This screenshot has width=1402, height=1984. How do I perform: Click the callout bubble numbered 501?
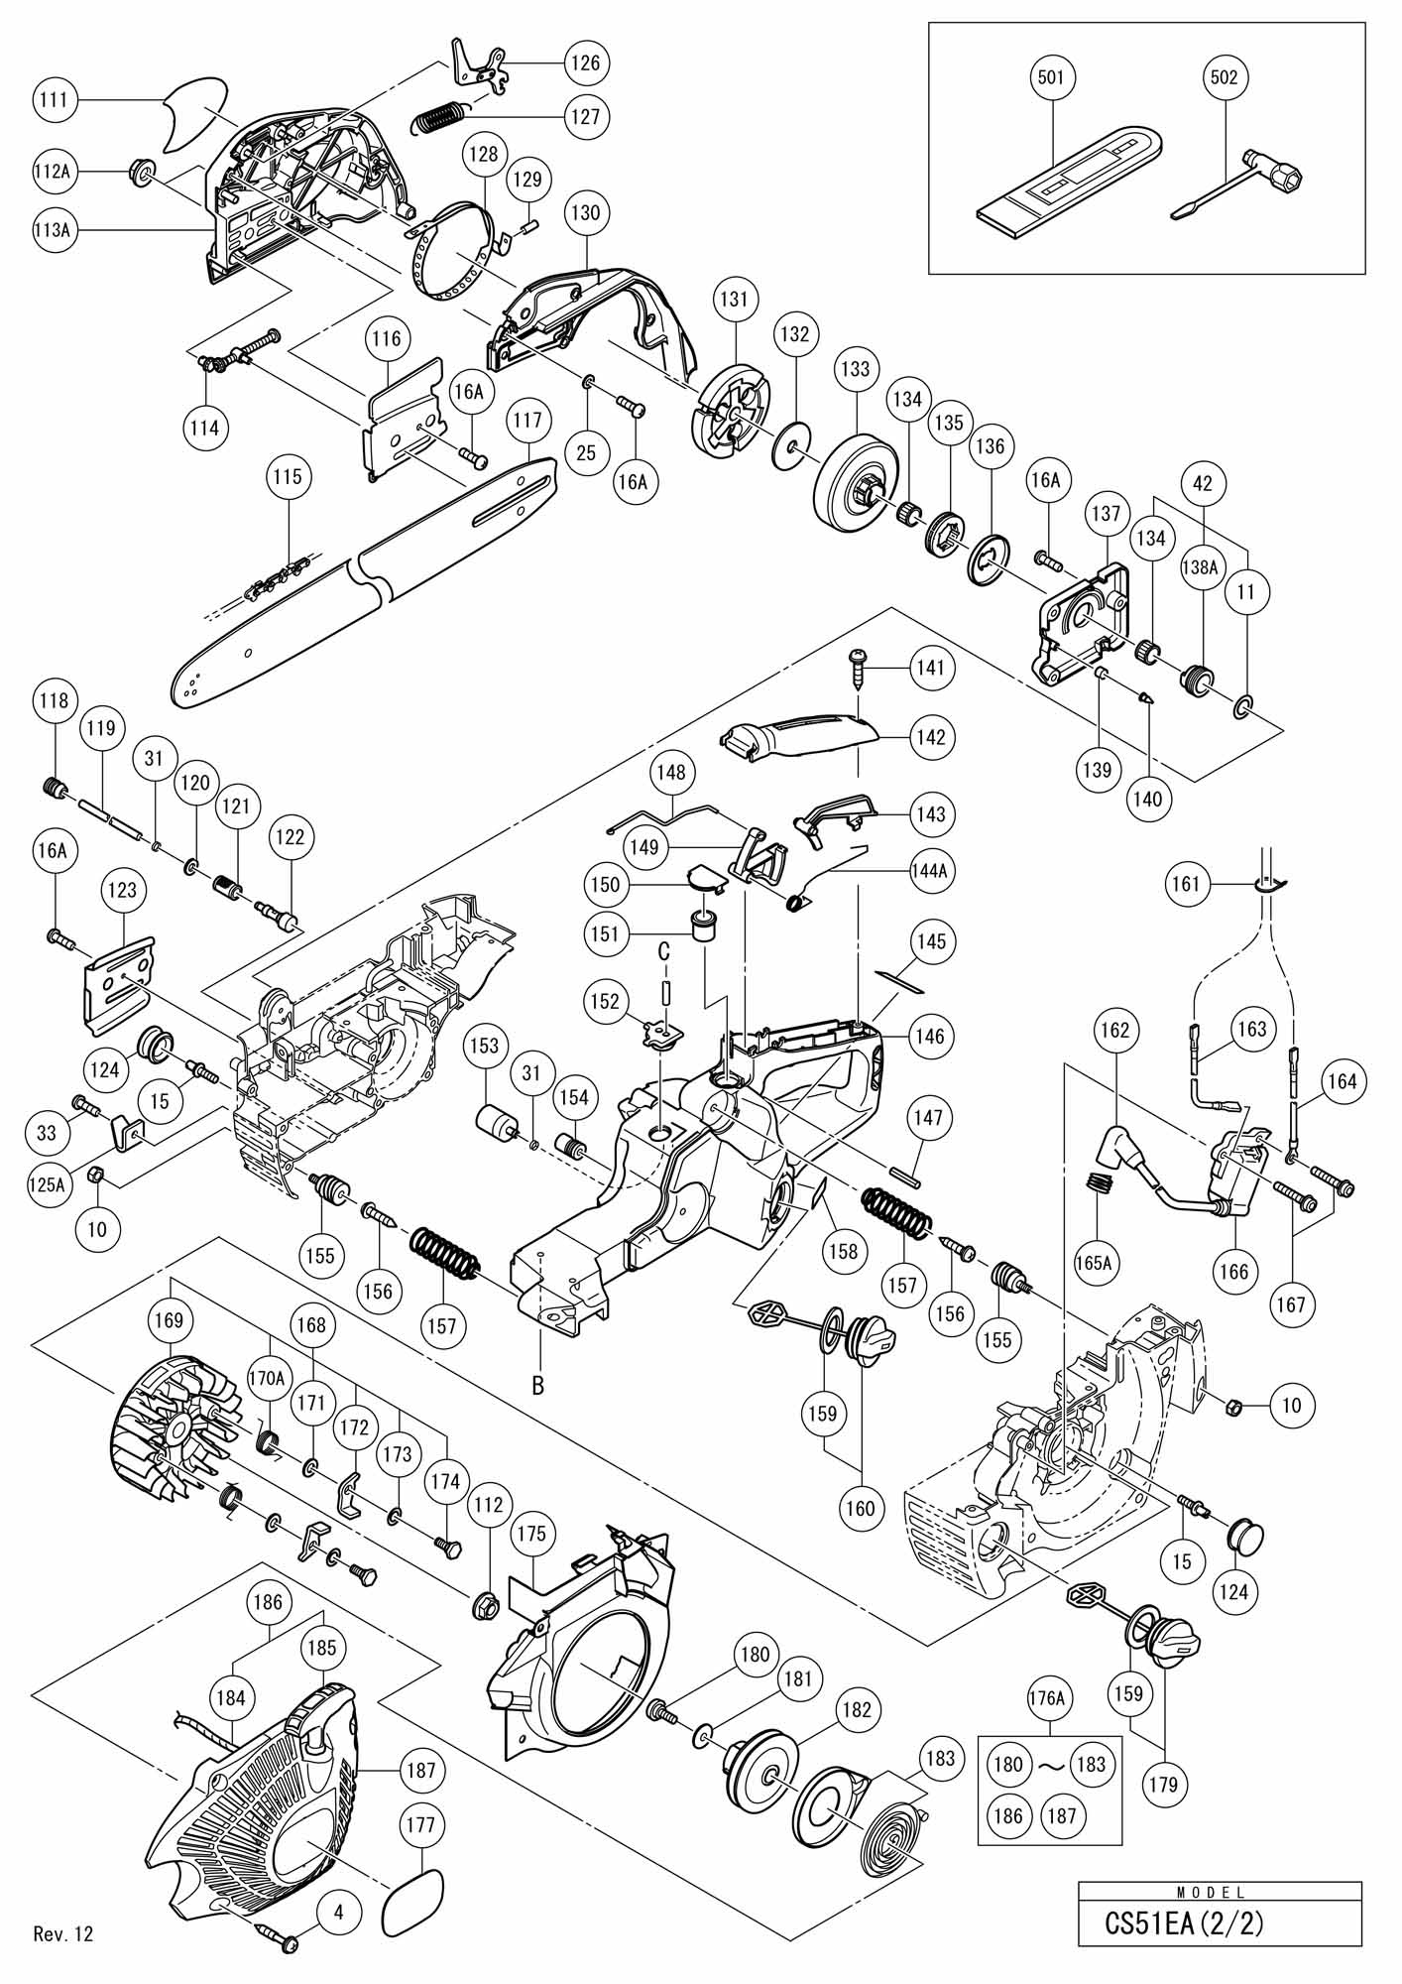coord(1053,77)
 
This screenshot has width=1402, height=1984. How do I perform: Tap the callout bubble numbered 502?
coord(1225,77)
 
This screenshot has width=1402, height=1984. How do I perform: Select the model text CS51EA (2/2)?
coord(1184,1923)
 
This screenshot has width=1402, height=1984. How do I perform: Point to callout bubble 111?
coord(58,99)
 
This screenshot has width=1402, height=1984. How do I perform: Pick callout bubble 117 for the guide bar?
coord(527,421)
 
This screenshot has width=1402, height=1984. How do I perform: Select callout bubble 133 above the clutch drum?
coord(854,369)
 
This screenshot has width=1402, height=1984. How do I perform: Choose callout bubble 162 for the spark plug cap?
coord(1115,1031)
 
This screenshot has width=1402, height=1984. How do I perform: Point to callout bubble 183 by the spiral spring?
coord(939,1759)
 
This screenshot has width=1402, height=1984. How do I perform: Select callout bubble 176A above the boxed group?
coord(1049,1698)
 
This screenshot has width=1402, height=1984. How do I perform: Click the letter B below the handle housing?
coord(537,1386)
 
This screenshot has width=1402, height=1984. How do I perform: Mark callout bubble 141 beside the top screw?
coord(931,668)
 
